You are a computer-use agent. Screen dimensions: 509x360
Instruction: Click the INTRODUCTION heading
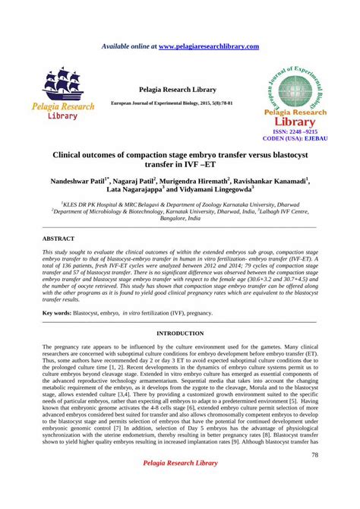tap(179, 334)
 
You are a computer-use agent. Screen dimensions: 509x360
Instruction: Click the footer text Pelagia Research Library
tap(179, 485)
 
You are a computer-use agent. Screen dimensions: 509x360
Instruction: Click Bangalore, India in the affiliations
tap(179, 217)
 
